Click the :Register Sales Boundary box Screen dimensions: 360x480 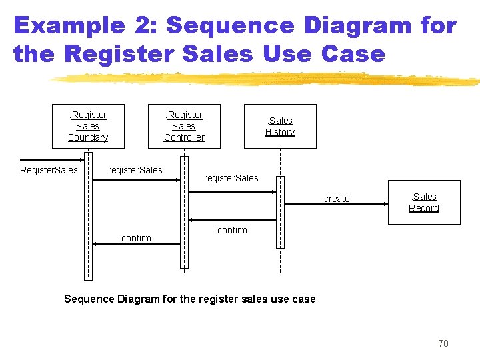[88, 126]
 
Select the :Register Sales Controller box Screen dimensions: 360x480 [184, 126]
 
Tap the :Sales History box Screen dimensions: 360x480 [280, 126]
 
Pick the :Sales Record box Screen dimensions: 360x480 [424, 202]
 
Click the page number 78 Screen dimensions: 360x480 [443, 343]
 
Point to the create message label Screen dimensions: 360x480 [337, 199]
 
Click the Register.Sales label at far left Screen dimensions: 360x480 [49, 170]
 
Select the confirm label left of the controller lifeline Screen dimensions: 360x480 [136, 238]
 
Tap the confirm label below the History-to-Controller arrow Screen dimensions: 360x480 [232, 230]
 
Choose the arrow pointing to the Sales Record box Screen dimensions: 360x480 [333, 192]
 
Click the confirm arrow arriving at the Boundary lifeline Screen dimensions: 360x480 [136, 244]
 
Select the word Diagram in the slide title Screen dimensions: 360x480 [357, 25]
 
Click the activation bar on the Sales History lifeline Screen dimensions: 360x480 [280, 212]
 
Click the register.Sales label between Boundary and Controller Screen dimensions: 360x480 [135, 170]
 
